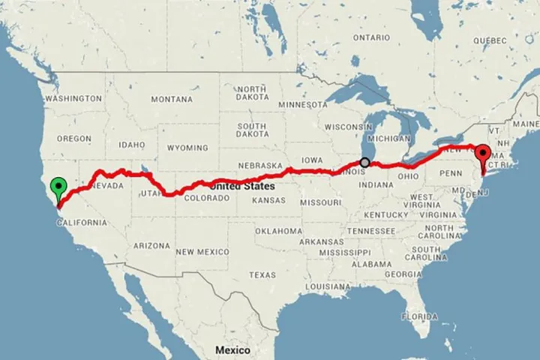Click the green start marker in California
58,187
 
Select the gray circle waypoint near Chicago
365,162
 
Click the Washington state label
73,98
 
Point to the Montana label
172,99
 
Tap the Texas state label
262,275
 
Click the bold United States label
241,185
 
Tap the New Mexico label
202,252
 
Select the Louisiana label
330,286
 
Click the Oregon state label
73,139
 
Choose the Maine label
527,123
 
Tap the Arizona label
151,245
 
